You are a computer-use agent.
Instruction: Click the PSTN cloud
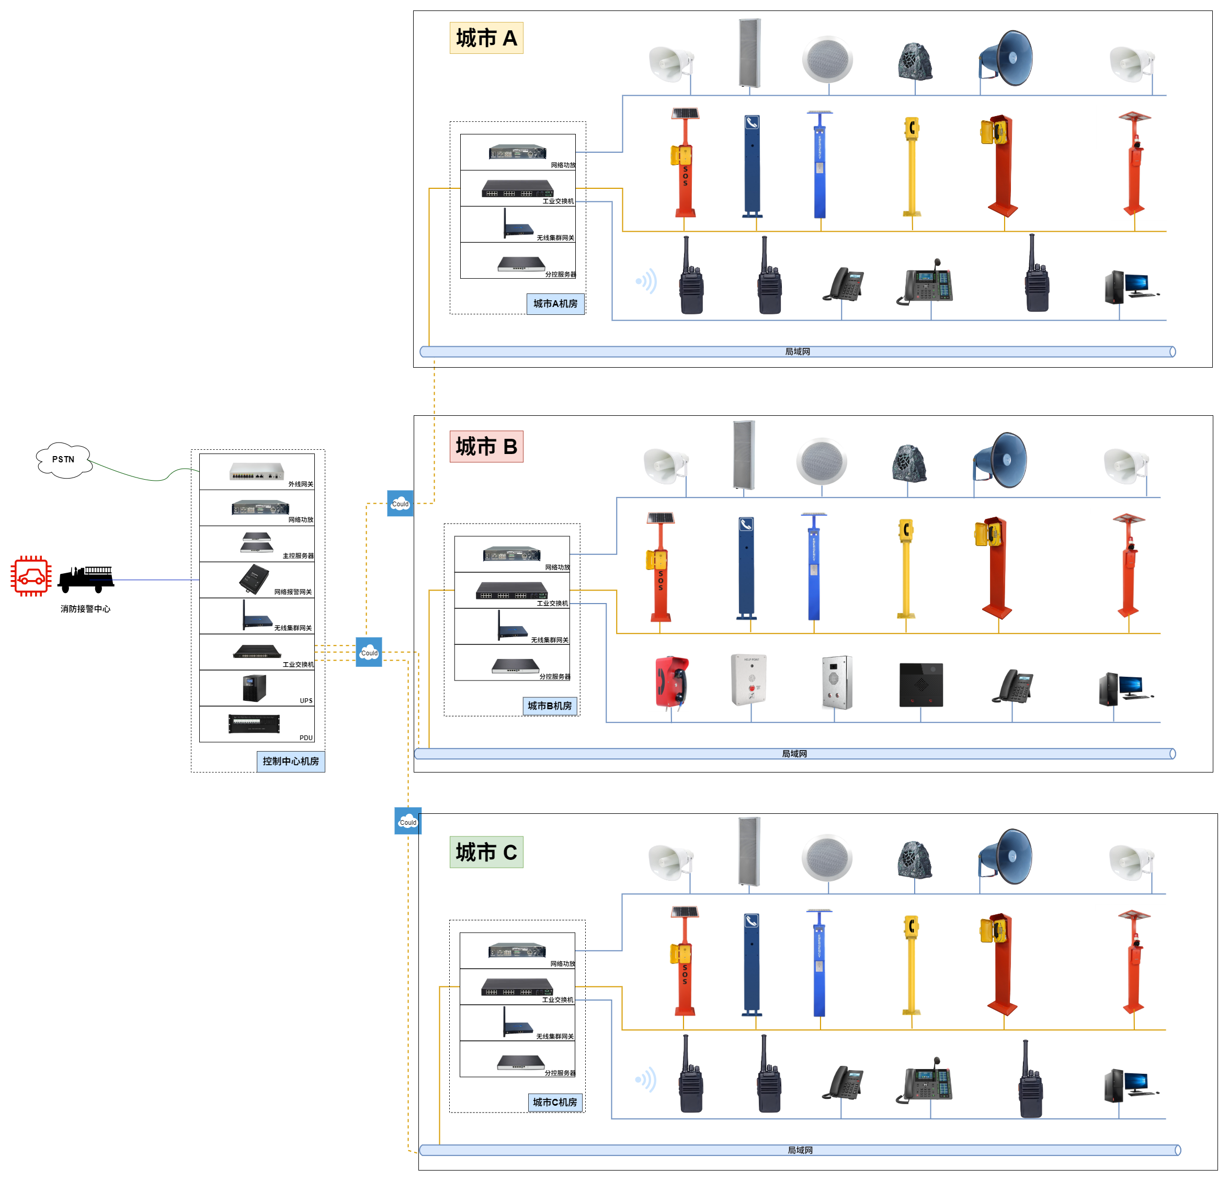63,460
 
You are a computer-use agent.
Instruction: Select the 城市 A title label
486,38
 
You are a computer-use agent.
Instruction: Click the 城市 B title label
486,447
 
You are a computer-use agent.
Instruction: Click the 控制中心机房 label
290,762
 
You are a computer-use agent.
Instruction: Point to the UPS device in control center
255,688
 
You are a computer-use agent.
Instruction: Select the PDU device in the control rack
254,724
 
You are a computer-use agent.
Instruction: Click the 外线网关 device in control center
256,471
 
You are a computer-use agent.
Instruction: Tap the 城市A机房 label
555,303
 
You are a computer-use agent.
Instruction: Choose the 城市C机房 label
554,1103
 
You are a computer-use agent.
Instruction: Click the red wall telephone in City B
672,683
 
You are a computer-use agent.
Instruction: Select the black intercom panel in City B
920,685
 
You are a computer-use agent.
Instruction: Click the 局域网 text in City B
794,754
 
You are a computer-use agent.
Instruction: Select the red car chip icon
31,576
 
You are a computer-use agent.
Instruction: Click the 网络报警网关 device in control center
254,579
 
